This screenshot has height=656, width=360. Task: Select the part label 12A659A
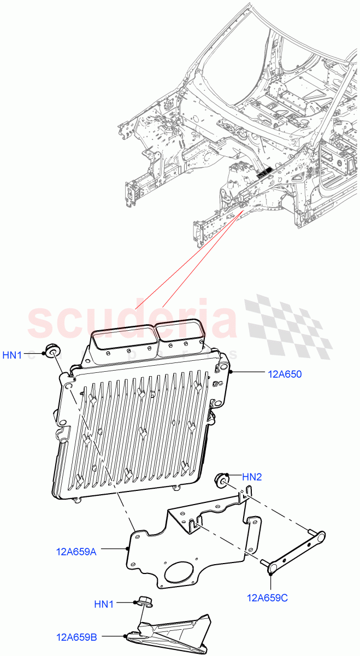[76, 552]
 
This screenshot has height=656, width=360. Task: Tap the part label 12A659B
[76, 637]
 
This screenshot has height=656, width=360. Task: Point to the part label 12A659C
[267, 598]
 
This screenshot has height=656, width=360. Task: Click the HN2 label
[252, 477]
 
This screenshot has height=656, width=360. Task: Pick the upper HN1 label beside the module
[12, 355]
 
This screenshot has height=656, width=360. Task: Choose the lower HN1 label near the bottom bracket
[104, 604]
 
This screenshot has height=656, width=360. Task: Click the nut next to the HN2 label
[222, 480]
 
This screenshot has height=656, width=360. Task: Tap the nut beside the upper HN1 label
[52, 350]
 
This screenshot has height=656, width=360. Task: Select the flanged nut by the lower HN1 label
[144, 602]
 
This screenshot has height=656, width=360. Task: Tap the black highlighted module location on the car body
[264, 174]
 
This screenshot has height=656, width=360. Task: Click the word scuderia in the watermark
[131, 323]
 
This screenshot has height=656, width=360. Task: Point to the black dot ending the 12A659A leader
[127, 548]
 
